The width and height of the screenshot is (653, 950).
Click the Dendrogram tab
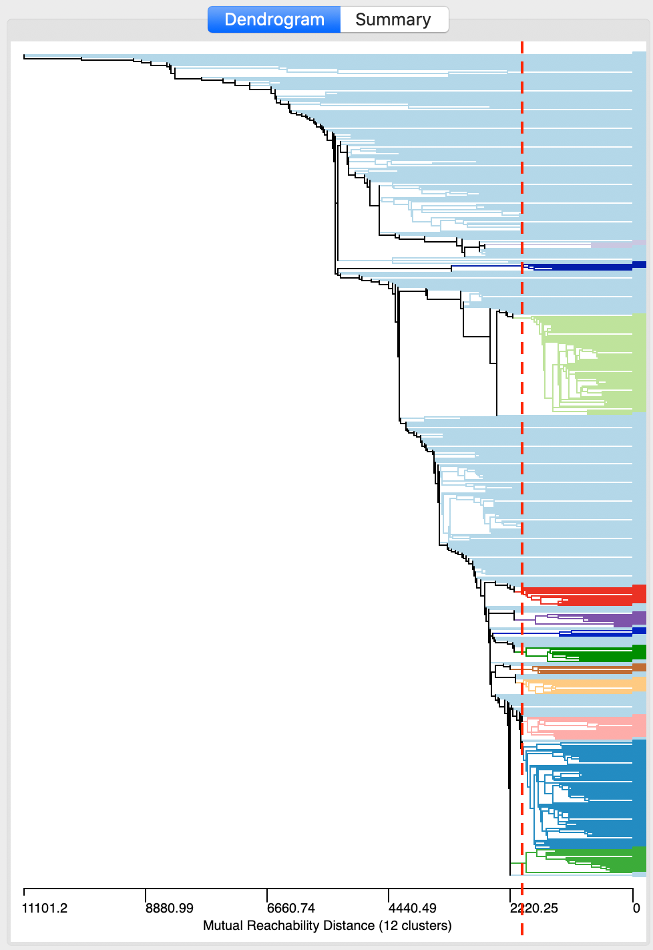coord(274,19)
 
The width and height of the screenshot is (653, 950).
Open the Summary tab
coord(393,19)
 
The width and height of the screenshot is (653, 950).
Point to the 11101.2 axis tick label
coord(45,908)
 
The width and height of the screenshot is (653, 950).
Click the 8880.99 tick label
coord(169,908)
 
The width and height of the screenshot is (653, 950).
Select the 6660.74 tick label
coord(290,908)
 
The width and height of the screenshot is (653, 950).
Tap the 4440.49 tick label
coord(412,908)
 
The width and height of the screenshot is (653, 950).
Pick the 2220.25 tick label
coord(534,908)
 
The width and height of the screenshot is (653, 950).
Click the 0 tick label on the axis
coord(636,908)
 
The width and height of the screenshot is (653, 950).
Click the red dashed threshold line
coord(522,468)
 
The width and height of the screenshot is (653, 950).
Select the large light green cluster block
coord(601,364)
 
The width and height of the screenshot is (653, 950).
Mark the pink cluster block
coord(601,728)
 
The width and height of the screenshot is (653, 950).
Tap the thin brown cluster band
coord(601,667)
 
